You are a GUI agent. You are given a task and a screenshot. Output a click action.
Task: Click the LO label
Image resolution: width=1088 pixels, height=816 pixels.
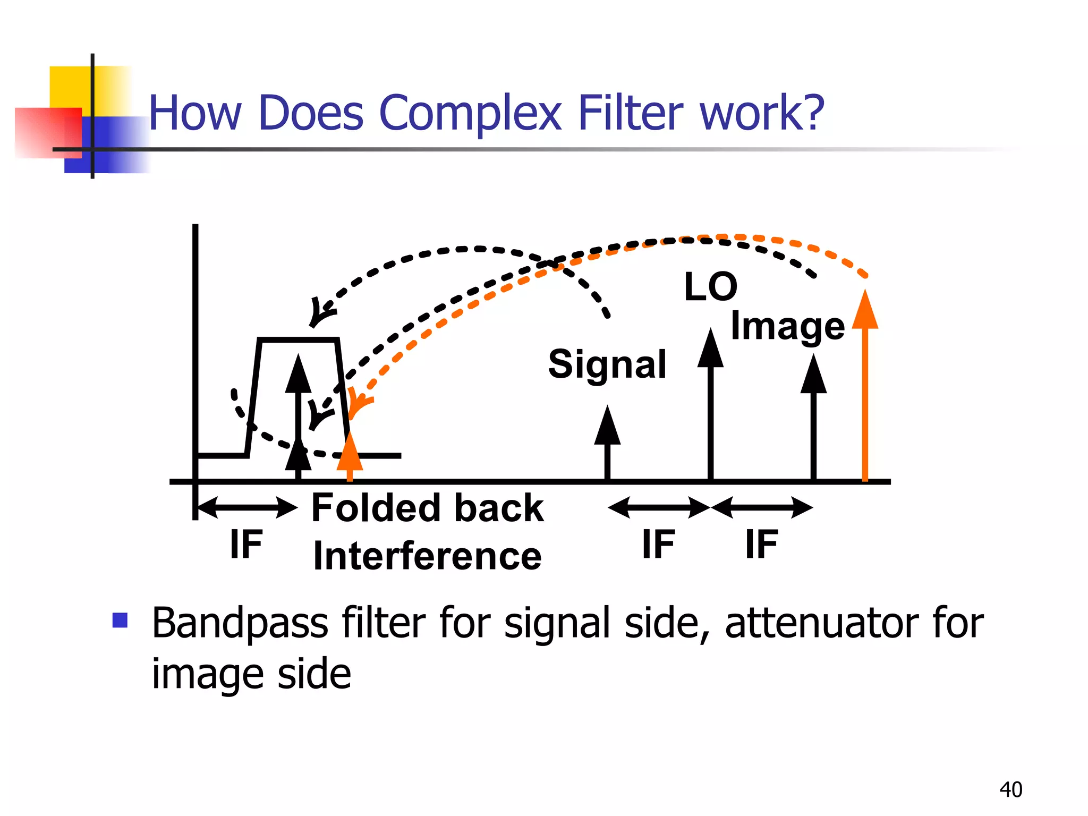click(x=710, y=287)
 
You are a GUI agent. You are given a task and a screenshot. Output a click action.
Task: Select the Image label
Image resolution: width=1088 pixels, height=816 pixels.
click(x=787, y=326)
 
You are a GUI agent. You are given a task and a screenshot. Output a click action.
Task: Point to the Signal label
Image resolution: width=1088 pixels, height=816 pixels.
click(x=607, y=364)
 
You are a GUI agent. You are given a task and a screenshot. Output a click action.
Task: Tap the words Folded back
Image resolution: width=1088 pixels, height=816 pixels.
click(x=427, y=508)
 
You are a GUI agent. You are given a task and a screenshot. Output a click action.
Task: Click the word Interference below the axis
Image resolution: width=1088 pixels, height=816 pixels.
click(x=427, y=556)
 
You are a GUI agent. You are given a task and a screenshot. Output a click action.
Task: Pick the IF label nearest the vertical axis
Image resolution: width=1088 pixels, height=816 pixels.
click(x=246, y=545)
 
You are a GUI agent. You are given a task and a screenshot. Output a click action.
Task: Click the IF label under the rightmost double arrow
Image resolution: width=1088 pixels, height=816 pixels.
click(x=761, y=545)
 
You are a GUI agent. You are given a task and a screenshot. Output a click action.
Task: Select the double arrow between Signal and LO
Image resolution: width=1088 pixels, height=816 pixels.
click(x=659, y=507)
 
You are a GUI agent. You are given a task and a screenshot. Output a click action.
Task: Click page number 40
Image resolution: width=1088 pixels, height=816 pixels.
click(x=1010, y=789)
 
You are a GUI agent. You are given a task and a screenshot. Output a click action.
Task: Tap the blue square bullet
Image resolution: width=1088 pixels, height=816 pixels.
click(x=120, y=620)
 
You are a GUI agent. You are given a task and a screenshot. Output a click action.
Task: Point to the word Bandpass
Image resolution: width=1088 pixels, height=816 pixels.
click(x=240, y=623)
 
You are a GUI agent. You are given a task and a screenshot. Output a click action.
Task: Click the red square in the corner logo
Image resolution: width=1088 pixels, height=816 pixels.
click(x=48, y=133)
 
